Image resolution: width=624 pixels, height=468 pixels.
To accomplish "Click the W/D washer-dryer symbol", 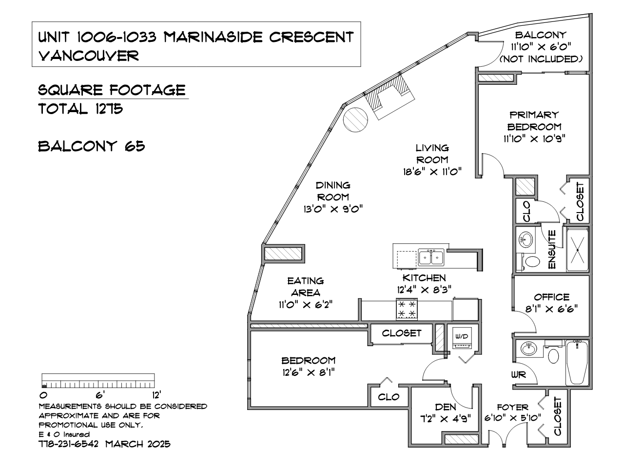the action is [462, 338].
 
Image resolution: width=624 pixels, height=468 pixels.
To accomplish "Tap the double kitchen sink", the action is [431, 258].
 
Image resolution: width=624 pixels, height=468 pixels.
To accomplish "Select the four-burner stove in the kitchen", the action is [407, 309].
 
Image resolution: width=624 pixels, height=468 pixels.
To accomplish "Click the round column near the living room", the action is [355, 119].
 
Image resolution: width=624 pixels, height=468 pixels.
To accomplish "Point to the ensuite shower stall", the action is [577, 250].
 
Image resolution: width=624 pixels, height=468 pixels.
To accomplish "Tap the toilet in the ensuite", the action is [530, 261].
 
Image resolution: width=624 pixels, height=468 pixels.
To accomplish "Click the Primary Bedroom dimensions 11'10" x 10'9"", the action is [534, 139].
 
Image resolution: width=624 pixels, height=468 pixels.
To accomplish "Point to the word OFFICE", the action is [552, 297].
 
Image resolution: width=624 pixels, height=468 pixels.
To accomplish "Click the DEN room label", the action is [446, 407].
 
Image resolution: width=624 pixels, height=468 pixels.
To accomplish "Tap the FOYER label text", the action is [512, 407].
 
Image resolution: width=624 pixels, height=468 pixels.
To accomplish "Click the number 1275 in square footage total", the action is [109, 109].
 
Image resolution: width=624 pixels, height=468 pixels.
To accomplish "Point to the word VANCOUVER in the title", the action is [89, 56].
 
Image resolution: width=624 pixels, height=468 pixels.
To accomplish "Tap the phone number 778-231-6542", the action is [69, 444].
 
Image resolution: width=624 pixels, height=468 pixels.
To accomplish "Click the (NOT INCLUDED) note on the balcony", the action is [541, 59].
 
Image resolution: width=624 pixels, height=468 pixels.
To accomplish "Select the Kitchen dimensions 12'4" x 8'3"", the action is [424, 290].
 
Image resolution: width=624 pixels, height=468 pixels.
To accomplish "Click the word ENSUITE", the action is [551, 249].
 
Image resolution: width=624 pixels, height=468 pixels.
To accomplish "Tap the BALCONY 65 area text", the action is [92, 146].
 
